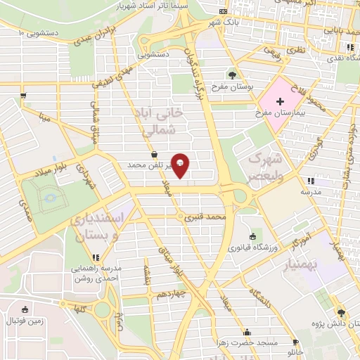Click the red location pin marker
click(x=181, y=165)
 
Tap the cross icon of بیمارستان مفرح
click(x=280, y=102)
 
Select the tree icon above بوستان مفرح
click(x=233, y=75)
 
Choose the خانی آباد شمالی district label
click(x=162, y=121)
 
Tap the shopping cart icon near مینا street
click(x=24, y=95)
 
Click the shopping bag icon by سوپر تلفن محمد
click(x=154, y=155)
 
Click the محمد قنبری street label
click(x=205, y=218)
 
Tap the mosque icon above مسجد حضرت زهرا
click(x=246, y=332)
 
